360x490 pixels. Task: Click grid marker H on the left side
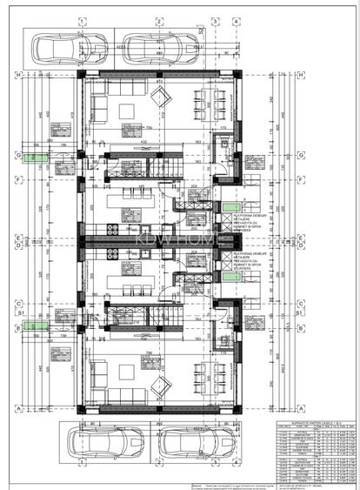tap(18, 76)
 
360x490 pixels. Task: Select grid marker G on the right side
tap(299, 158)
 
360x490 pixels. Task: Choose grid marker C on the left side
tap(18, 304)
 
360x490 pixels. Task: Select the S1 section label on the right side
tap(301, 311)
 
